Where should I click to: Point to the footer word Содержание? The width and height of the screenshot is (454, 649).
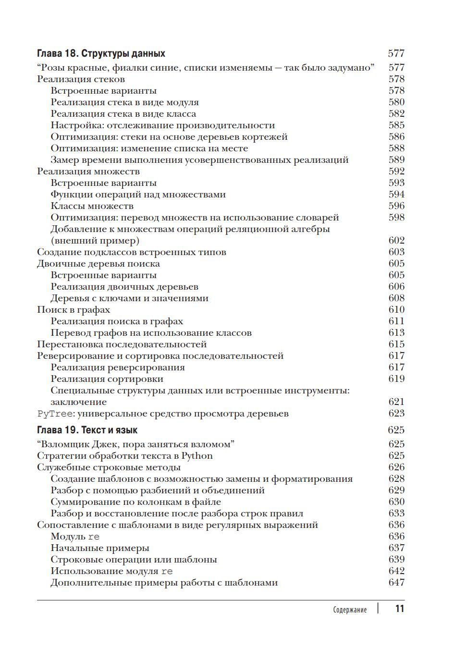pyautogui.click(x=350, y=610)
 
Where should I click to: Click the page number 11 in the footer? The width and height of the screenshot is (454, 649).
pyautogui.click(x=400, y=609)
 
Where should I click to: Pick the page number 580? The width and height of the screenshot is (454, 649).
pyautogui.click(x=396, y=102)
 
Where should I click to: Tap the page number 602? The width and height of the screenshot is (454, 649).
pyautogui.click(x=396, y=241)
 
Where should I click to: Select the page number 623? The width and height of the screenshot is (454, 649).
pyautogui.click(x=396, y=414)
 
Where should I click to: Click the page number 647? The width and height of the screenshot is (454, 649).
pyautogui.click(x=396, y=583)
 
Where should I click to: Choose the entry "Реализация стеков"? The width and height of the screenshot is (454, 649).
pyautogui.click(x=81, y=79)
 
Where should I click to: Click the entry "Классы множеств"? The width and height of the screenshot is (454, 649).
pyautogui.click(x=92, y=206)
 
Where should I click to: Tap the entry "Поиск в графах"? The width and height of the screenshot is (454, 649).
pyautogui.click(x=74, y=310)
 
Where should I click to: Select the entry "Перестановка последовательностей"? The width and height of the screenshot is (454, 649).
pyautogui.click(x=122, y=344)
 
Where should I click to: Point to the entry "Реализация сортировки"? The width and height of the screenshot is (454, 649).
pyautogui.click(x=107, y=379)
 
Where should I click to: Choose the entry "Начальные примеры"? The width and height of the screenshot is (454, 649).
pyautogui.click(x=100, y=548)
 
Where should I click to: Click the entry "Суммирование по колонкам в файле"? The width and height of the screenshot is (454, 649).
pyautogui.click(x=136, y=502)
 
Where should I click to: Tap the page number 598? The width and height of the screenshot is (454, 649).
pyautogui.click(x=396, y=218)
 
